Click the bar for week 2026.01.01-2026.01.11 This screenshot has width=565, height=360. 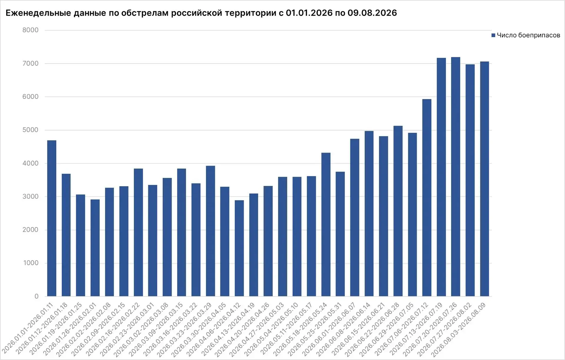tap(51, 218)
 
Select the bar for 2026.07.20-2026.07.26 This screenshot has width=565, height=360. tap(456, 176)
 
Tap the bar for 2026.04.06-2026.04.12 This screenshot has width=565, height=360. tap(239, 248)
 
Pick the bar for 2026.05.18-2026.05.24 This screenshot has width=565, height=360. tap(326, 224)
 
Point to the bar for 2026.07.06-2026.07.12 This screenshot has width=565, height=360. tap(427, 198)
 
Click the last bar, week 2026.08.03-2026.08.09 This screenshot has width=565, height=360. tap(484, 179)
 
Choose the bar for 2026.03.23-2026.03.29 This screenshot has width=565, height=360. tap(210, 231)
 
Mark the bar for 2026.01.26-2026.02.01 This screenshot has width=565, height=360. tap(95, 248)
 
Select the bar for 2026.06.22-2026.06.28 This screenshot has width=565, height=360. tap(398, 211)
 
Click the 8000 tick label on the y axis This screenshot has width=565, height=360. tap(30, 30)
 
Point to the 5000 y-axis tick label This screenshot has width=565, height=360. tap(30, 130)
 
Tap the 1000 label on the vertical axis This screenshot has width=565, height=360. tap(31, 263)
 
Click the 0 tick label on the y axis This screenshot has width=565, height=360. tap(36, 296)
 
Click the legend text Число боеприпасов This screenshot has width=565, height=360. tap(529, 35)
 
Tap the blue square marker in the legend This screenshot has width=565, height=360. tap(493, 35)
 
